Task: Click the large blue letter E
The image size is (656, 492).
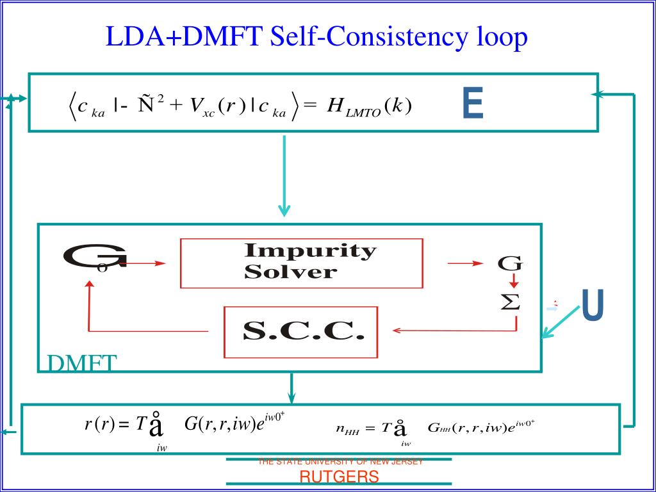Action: (x=473, y=104)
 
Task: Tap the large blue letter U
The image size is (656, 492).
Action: (x=593, y=306)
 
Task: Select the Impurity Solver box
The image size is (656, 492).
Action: (x=302, y=263)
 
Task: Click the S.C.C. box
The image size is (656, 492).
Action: (x=300, y=332)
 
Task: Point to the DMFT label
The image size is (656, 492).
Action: (x=82, y=363)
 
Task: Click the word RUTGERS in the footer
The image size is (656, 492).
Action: (x=340, y=477)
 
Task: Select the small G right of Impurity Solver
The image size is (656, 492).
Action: (x=511, y=263)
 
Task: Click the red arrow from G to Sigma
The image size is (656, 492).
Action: (x=513, y=282)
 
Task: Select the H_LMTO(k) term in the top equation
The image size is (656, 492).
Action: (x=368, y=106)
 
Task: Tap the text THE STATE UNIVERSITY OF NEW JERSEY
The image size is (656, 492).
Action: (x=340, y=462)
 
